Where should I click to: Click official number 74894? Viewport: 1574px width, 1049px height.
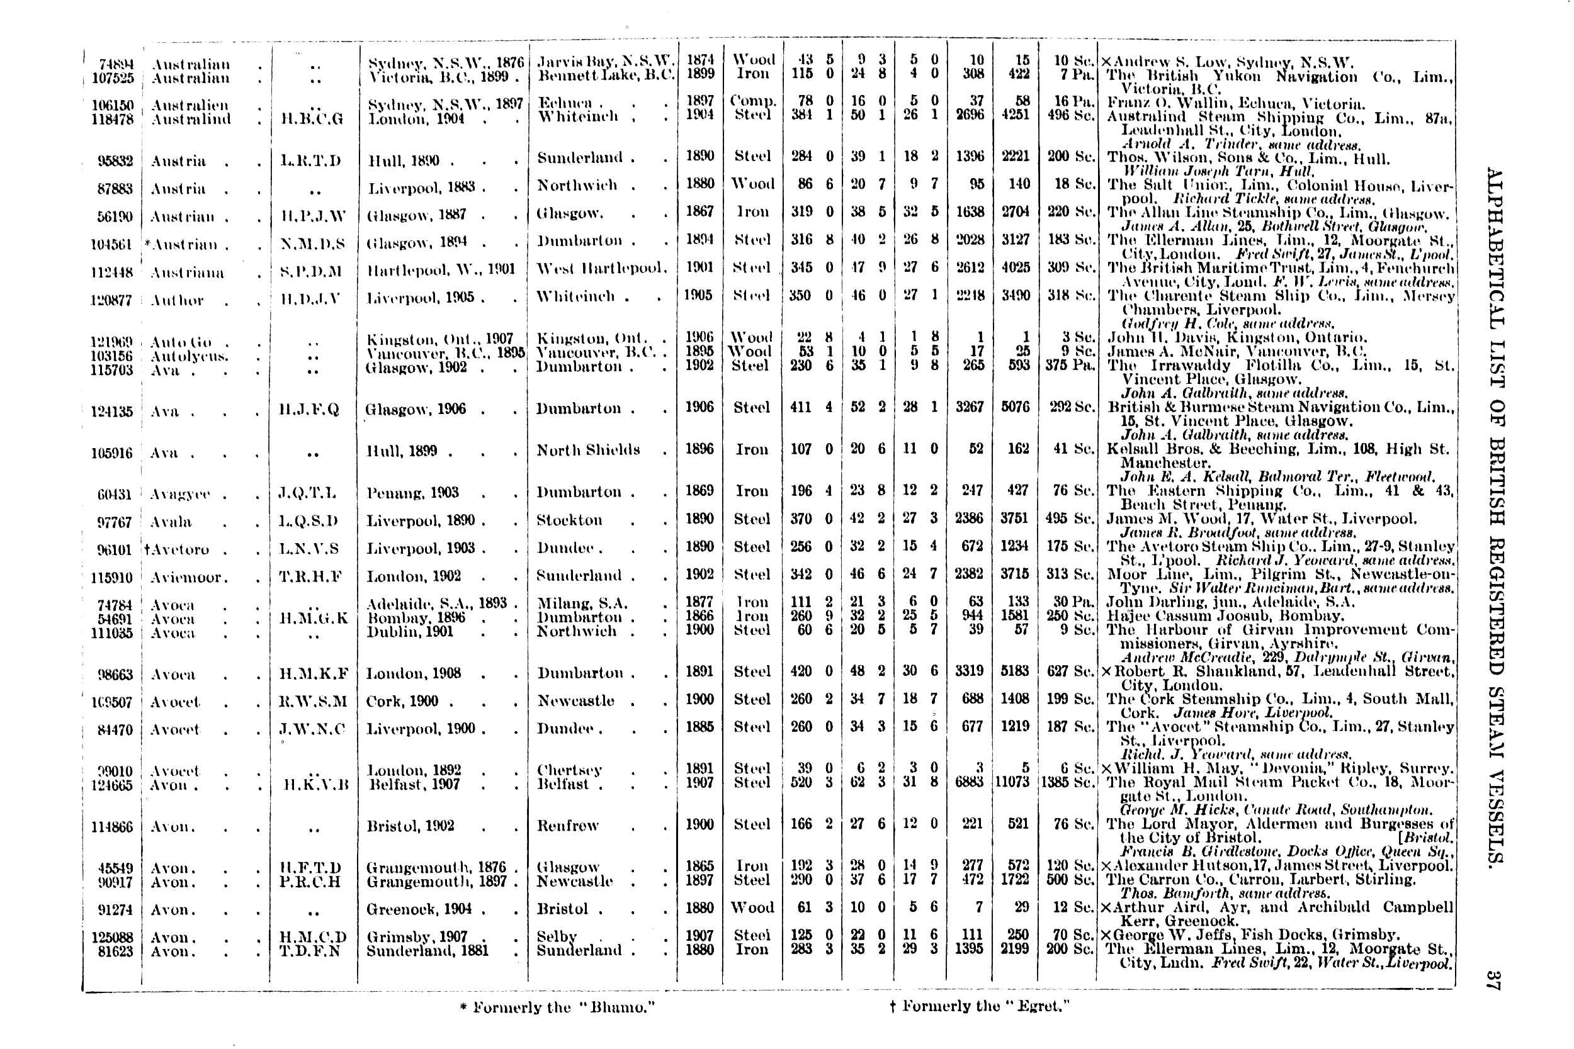[116, 65]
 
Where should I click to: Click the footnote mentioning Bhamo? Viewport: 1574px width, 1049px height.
[557, 1007]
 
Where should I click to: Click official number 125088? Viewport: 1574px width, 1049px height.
[112, 937]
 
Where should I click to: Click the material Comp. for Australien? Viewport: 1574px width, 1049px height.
[752, 101]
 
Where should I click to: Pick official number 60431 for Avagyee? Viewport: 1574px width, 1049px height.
[114, 495]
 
